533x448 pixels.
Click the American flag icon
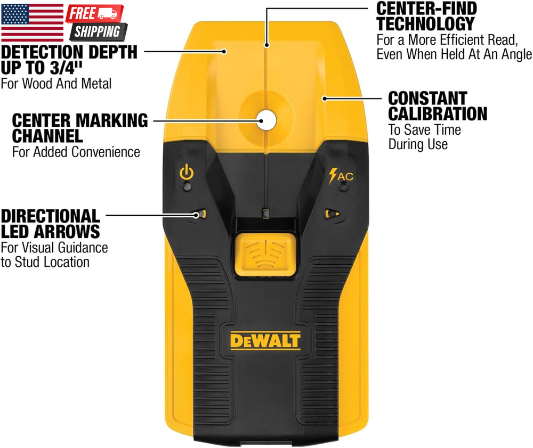tap(33, 22)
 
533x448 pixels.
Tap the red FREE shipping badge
tap(94, 14)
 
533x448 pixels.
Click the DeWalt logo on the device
tap(265, 341)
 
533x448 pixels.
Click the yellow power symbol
tap(187, 172)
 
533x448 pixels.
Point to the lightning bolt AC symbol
tap(341, 176)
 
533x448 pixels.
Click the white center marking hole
tap(266, 120)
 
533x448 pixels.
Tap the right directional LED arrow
tap(332, 214)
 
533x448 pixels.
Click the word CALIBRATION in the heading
tap(438, 113)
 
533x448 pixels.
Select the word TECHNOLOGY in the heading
tap(425, 24)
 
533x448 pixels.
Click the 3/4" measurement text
tap(66, 68)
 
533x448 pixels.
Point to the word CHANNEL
tap(47, 136)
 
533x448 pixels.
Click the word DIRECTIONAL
tap(50, 216)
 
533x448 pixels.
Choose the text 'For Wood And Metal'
tap(56, 84)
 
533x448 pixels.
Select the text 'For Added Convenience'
tap(76, 152)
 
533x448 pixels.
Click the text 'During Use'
tap(418, 144)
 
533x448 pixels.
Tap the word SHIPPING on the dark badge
tap(98, 31)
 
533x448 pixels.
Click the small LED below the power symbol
tap(187, 186)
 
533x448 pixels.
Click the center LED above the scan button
tap(266, 214)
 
